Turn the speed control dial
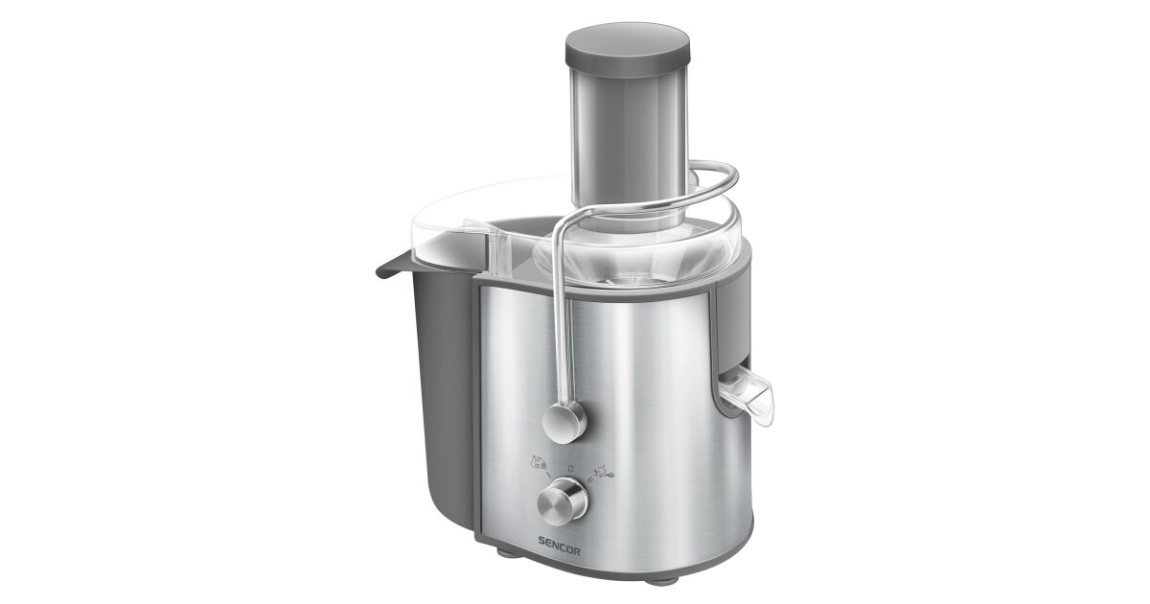point(563,501)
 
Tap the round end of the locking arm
point(564,422)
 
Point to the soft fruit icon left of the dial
point(539,462)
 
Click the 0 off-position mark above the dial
point(570,469)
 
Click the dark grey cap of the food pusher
point(628,49)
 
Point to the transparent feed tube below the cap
point(629,149)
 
